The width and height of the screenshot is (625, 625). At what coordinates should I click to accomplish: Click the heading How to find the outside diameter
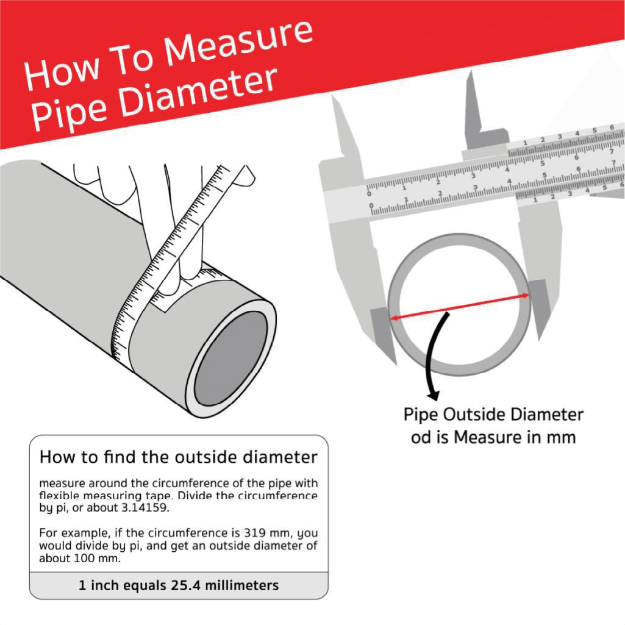[178, 457]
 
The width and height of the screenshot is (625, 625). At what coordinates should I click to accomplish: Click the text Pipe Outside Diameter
[493, 415]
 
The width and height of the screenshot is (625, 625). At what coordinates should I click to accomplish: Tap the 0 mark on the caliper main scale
[368, 194]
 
